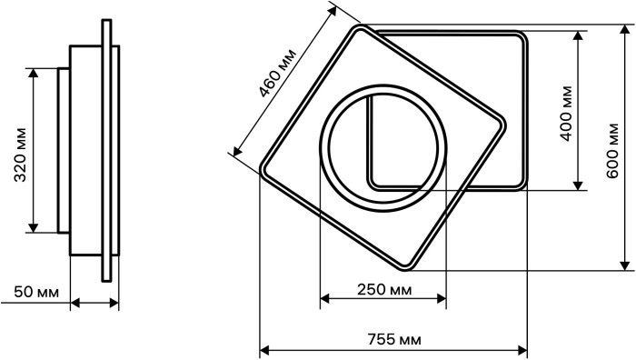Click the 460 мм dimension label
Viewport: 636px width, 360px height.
[278, 74]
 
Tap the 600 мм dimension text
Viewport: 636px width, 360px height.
[612, 150]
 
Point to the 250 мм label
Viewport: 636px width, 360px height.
[384, 290]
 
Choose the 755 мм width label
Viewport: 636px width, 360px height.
[394, 339]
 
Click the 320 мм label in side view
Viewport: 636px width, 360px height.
[20, 155]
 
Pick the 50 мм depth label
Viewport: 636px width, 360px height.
[36, 292]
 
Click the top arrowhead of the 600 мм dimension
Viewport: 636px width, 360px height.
[625, 30]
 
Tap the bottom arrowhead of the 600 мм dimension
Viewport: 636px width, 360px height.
[625, 265]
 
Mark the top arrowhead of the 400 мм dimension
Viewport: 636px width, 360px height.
[579, 35]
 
